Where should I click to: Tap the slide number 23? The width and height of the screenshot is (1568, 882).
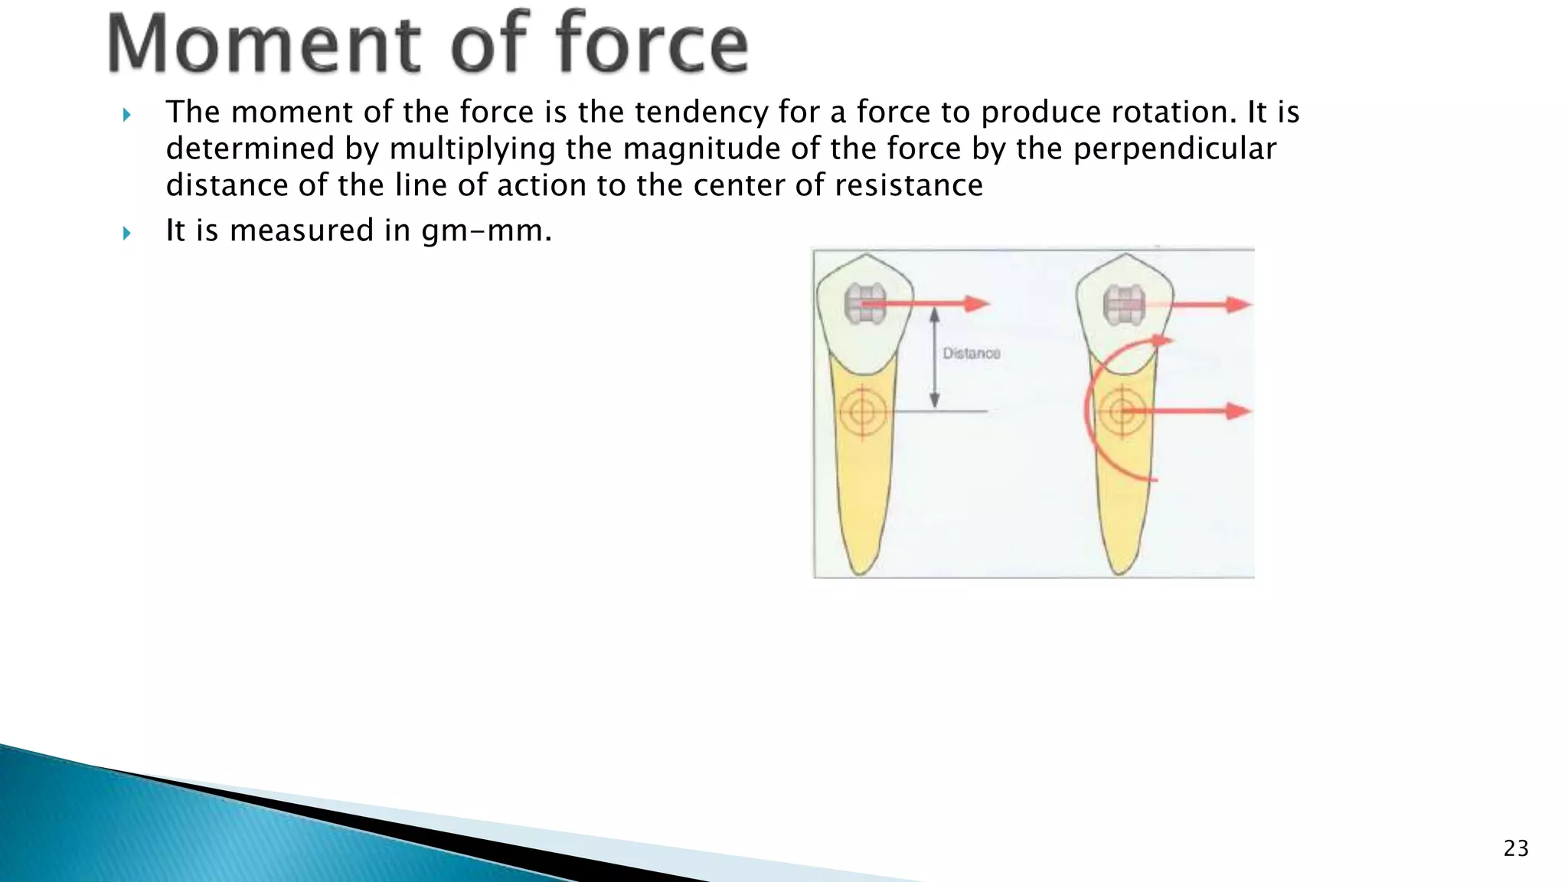coord(1516,848)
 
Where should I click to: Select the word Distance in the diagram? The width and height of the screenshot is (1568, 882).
coord(971,354)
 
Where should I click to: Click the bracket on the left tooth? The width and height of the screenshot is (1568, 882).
coord(863,304)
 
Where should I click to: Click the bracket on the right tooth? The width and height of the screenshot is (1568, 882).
coord(1122,305)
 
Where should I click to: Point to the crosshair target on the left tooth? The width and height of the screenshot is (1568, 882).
coord(862,412)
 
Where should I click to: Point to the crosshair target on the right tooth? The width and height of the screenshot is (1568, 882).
coord(1122,412)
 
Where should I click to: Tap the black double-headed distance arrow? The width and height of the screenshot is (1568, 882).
coord(934,358)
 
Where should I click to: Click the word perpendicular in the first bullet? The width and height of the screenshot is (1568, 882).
coord(1174,149)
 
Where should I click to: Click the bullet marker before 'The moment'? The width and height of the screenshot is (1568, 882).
coord(127,116)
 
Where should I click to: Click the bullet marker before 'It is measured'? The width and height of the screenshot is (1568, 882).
coord(127,233)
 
